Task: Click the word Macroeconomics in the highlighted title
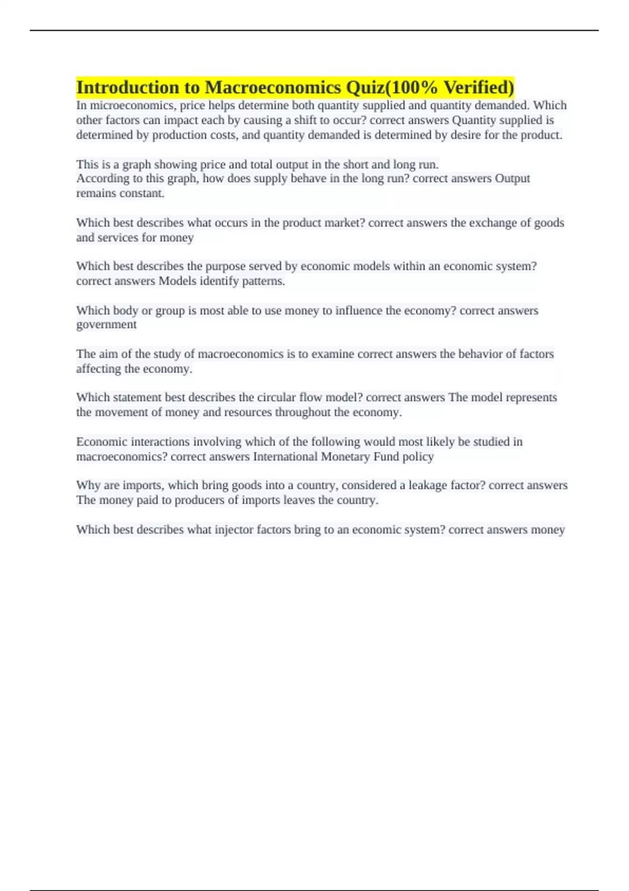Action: [273, 87]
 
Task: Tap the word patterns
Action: [263, 281]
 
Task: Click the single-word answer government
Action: [106, 324]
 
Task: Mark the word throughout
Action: [302, 412]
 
